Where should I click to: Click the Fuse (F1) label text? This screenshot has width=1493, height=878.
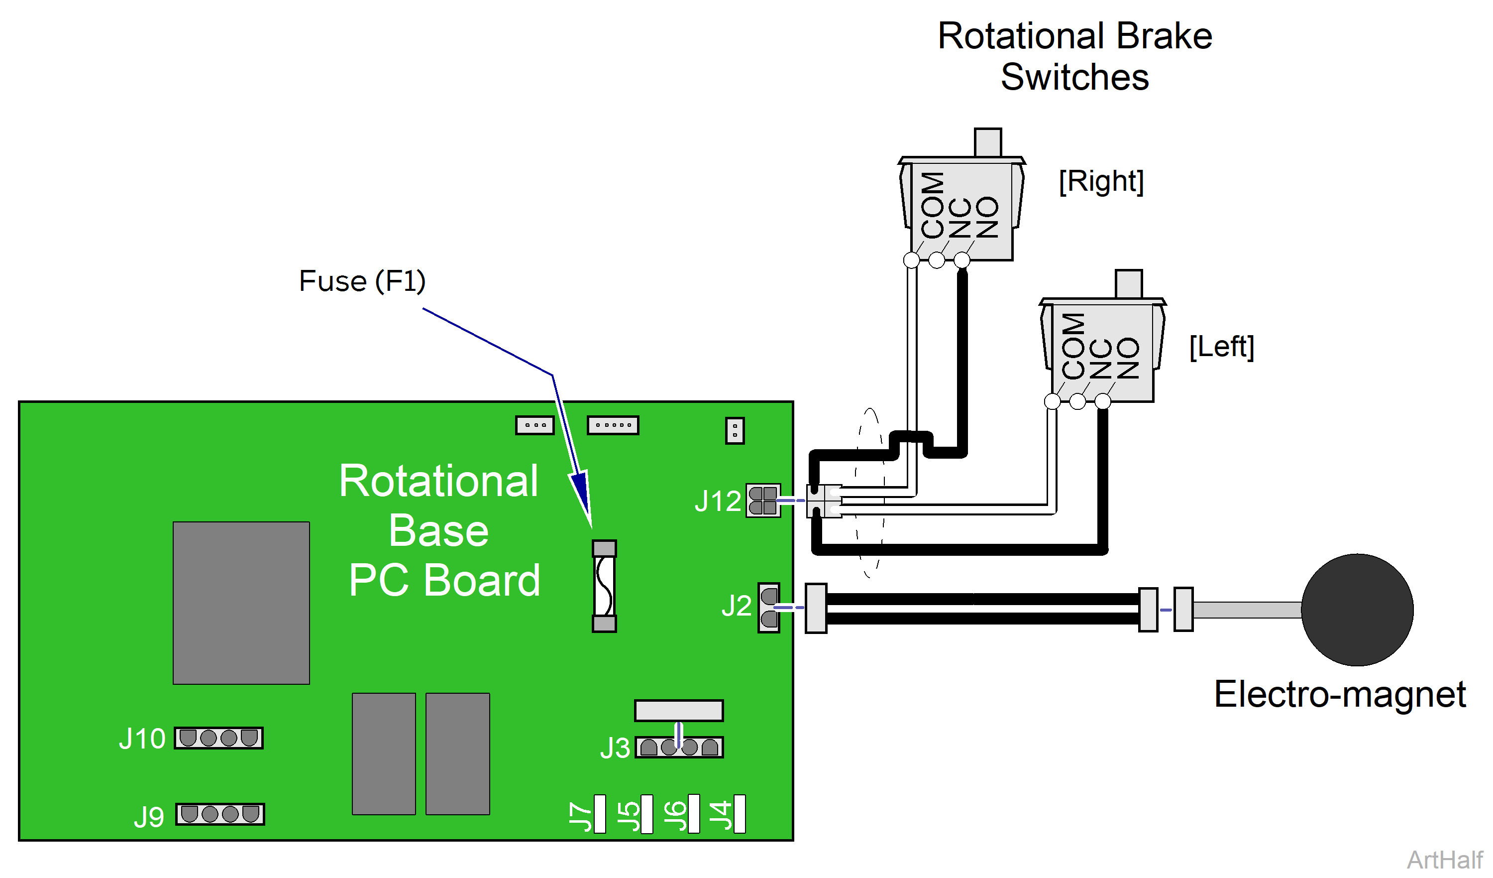[362, 281]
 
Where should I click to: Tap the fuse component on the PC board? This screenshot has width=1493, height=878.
[604, 586]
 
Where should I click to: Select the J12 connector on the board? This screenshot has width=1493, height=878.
[763, 501]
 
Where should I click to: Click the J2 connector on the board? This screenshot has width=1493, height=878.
[769, 608]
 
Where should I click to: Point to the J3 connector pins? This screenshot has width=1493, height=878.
[679, 748]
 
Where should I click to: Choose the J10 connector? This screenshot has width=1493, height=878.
[218, 739]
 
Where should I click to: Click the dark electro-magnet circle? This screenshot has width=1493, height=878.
[1357, 610]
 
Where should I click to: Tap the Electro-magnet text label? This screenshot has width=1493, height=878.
[1340, 694]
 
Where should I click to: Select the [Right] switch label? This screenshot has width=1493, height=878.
[1101, 181]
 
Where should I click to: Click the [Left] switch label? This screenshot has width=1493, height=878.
[1222, 346]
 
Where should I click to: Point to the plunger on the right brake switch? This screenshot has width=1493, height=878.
[988, 142]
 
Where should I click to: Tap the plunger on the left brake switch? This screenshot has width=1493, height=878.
[1128, 284]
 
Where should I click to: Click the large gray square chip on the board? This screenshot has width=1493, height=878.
[241, 603]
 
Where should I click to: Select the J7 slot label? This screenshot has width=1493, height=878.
[581, 817]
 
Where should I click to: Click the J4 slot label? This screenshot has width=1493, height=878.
[721, 816]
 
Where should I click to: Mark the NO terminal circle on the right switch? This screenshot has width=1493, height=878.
[961, 259]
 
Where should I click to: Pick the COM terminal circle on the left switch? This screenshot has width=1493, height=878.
[1052, 401]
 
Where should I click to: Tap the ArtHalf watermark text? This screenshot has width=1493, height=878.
[1444, 860]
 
